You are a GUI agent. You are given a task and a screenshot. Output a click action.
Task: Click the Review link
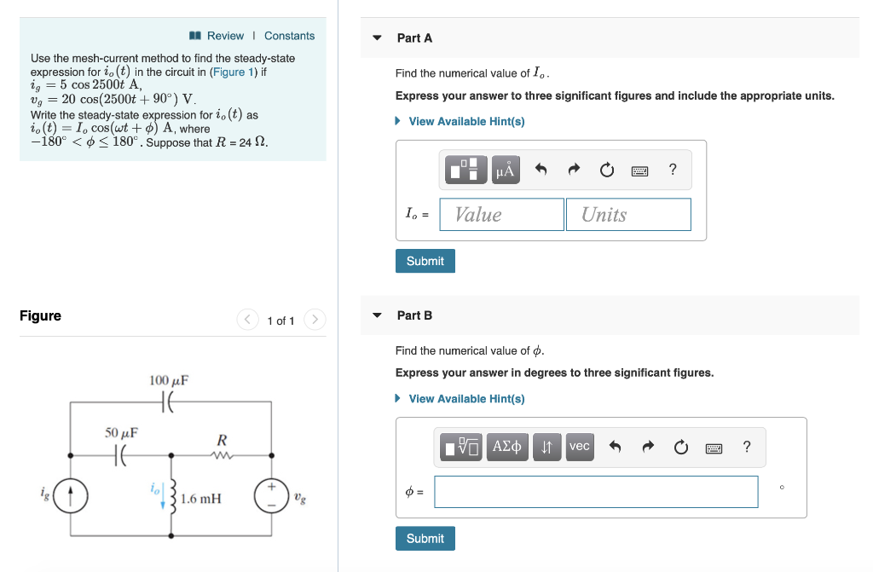pos(224,36)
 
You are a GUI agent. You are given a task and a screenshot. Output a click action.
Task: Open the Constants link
pos(289,36)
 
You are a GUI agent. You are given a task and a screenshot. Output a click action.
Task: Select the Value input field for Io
pos(501,215)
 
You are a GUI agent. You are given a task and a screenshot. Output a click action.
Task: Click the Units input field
pos(628,215)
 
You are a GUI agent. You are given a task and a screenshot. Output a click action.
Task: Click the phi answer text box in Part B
pos(595,492)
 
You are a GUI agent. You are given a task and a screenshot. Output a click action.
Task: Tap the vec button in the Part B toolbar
pos(580,447)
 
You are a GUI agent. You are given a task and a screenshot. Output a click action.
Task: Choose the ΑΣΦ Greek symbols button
pos(507,447)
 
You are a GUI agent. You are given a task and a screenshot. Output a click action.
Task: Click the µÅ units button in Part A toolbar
pos(506,170)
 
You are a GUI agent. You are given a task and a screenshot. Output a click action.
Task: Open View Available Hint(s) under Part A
pos(466,122)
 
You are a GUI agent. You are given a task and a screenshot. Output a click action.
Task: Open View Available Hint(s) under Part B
pos(466,399)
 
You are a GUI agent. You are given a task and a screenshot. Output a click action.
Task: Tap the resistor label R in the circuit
pos(222,441)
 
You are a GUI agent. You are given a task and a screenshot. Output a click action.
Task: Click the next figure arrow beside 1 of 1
pos(315,321)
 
